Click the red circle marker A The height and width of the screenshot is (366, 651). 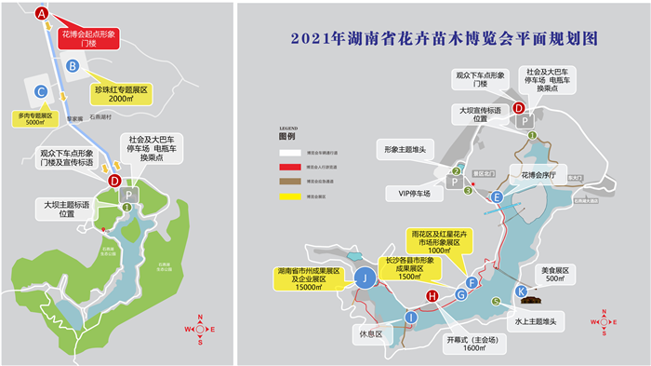click(40, 13)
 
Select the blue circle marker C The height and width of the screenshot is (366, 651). click(40, 91)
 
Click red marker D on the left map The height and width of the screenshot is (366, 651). click(114, 181)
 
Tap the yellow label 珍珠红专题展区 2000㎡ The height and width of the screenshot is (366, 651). click(121, 93)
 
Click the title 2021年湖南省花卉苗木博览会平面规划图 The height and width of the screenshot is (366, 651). click(443, 39)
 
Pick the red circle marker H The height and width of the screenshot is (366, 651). click(432, 296)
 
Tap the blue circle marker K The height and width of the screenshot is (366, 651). click(522, 291)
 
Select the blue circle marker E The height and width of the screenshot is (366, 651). click(498, 197)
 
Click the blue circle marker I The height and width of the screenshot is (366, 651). click(410, 319)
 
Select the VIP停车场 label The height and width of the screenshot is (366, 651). click(409, 193)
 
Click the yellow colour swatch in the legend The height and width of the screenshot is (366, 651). click(287, 197)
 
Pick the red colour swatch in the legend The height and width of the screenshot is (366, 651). click(287, 167)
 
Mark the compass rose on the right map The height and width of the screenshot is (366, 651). click(604, 322)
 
